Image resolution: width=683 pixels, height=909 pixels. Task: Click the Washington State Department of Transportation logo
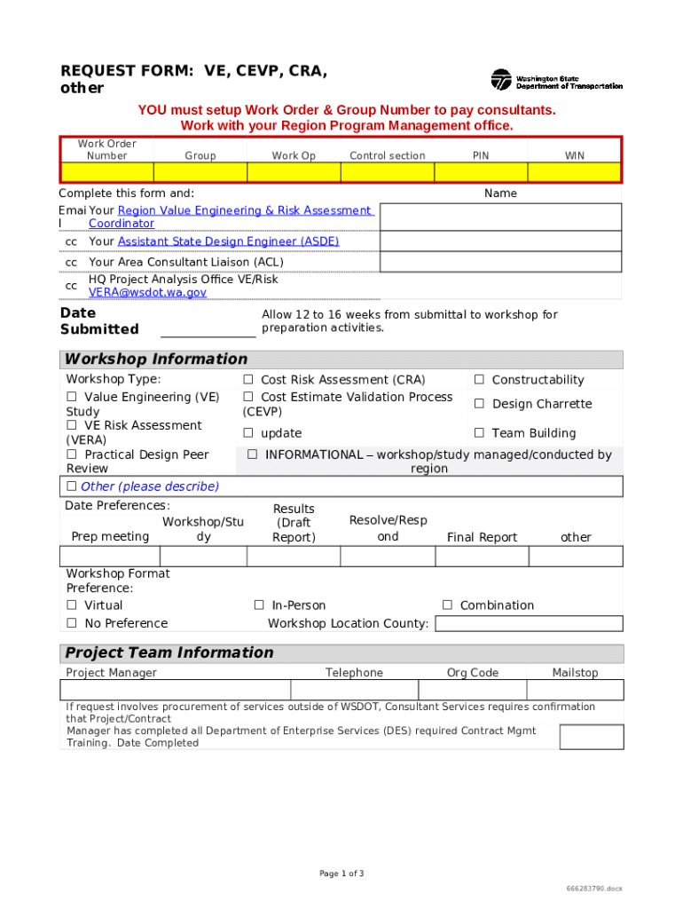[556, 80]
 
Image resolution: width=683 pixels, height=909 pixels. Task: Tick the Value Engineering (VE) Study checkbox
[72, 398]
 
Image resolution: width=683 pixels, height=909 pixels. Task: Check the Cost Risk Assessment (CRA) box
[248, 380]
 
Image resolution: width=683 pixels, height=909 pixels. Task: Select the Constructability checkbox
[479, 380]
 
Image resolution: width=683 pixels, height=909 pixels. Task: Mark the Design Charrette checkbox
[479, 404]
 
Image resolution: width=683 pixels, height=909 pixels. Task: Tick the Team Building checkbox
[479, 433]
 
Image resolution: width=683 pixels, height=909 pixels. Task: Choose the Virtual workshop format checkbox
[72, 605]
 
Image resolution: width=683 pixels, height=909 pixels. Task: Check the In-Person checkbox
[259, 605]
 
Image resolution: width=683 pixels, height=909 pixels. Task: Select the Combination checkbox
[447, 605]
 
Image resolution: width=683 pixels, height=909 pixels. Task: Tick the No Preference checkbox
[72, 623]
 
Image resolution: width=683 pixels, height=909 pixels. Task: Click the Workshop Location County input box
[529, 622]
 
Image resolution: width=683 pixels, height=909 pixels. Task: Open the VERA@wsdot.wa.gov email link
[147, 292]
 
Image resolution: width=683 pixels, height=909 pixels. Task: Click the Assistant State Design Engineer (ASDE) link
[228, 241]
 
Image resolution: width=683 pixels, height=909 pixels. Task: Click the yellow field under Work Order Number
[107, 172]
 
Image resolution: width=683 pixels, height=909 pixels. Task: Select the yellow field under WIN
[575, 172]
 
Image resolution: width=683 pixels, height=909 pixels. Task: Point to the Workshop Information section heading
[156, 360]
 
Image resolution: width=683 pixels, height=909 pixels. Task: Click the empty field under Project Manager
[175, 690]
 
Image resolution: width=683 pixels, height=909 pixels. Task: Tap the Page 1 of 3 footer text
[341, 873]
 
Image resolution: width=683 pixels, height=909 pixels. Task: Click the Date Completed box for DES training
[592, 737]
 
